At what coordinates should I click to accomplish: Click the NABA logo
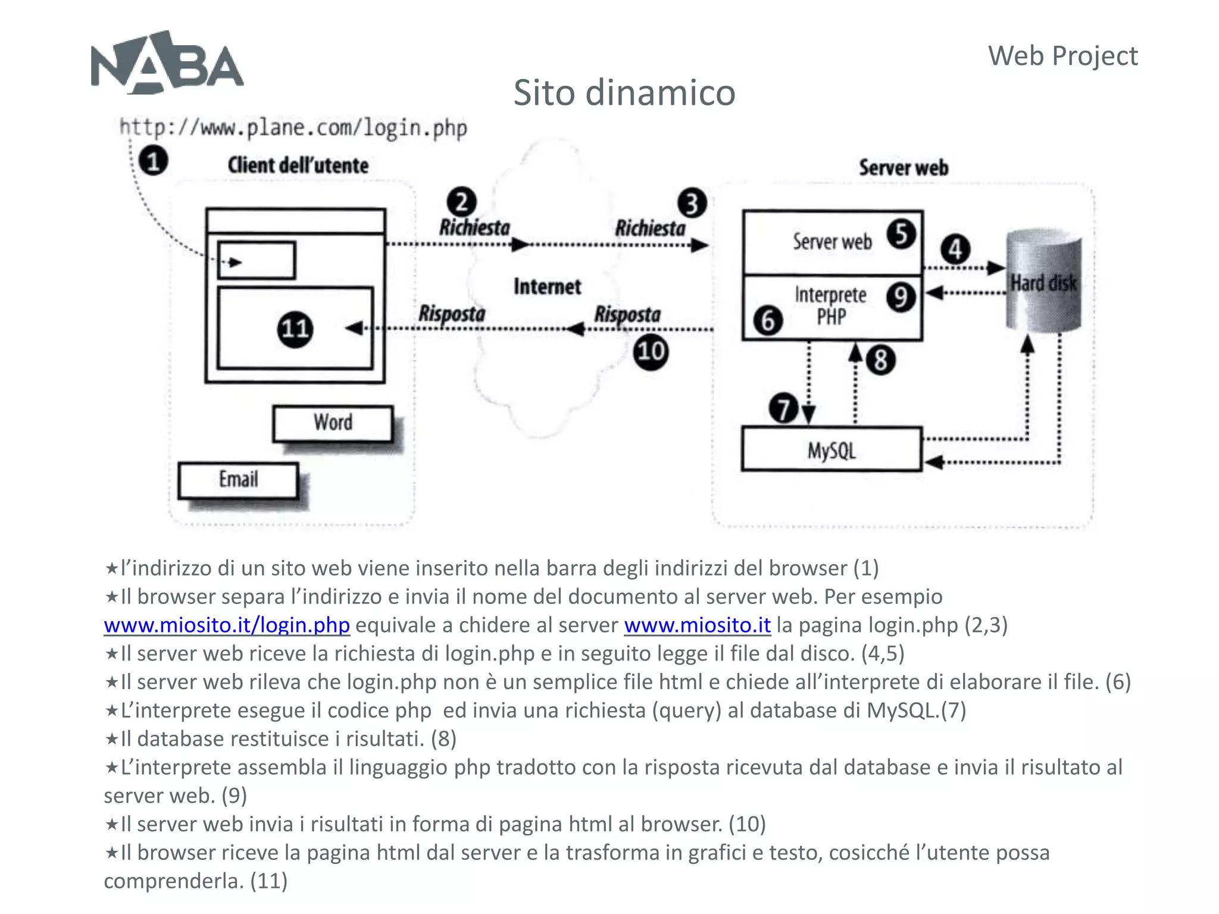click(167, 63)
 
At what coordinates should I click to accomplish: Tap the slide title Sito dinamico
click(624, 93)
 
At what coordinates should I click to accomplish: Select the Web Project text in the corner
click(1062, 57)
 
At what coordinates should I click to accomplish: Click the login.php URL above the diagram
click(293, 128)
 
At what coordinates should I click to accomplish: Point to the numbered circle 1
click(153, 161)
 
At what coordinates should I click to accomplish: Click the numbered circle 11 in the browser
click(295, 329)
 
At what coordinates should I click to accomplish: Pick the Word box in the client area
click(333, 423)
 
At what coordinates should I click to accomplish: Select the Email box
click(238, 480)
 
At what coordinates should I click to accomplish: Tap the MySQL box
click(832, 450)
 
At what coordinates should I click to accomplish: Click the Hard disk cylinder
click(1043, 281)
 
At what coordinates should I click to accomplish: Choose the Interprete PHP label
click(831, 305)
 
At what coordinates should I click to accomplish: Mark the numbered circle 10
click(651, 352)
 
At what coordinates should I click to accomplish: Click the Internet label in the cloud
click(547, 287)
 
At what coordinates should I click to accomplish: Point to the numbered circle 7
click(783, 408)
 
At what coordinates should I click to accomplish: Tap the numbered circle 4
click(955, 249)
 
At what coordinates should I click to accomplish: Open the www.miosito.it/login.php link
click(226, 625)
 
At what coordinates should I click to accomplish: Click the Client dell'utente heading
click(298, 165)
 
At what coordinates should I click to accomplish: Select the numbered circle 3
click(692, 204)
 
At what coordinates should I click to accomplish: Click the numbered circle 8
click(880, 360)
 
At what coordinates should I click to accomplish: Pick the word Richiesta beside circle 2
click(474, 228)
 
